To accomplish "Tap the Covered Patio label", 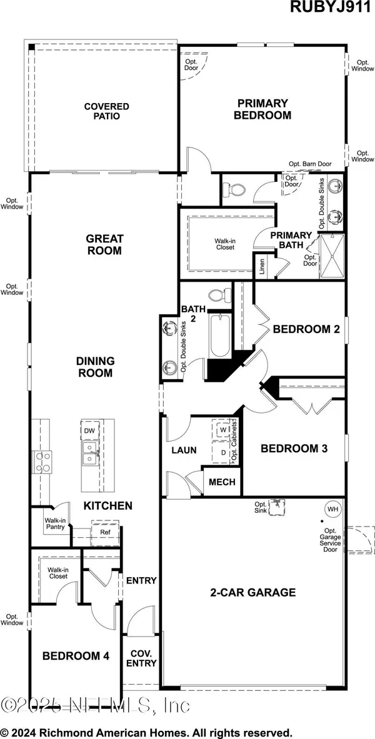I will coord(107,111).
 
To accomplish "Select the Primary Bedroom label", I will coord(262,109).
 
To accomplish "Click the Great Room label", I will coord(104,244).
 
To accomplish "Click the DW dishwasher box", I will coord(89,431).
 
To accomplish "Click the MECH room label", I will coord(221,482).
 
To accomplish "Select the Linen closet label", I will coord(262,266).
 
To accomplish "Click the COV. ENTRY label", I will coord(141,659).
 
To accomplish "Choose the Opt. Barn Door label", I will coord(310,164).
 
